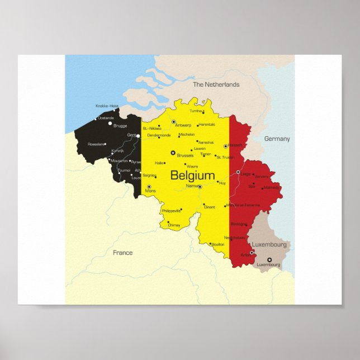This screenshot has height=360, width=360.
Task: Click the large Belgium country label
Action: pos(192,176)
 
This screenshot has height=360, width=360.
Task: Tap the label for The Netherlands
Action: pos(216,84)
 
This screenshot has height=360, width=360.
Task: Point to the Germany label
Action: pos(277,139)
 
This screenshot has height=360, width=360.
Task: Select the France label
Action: pos(122,253)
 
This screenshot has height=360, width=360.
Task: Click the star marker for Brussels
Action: pos(173,153)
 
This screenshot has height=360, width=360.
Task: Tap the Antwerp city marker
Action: pos(174,122)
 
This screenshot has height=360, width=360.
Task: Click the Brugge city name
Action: pos(120,126)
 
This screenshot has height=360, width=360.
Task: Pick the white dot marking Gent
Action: pos(138,135)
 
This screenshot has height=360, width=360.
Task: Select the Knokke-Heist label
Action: pos(107,106)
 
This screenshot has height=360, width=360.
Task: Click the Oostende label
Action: pos(106,118)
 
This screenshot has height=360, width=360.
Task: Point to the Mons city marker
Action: pos(149,187)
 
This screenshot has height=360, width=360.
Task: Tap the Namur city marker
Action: pos(200,186)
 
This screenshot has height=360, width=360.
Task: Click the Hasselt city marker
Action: pos(225,146)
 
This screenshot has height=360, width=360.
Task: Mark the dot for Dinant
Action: pos(204,205)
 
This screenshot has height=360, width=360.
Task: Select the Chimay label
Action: pos(174,225)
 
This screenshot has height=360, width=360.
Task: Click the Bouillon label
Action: pos(219,244)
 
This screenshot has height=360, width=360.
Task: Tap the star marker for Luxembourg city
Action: pos(269,259)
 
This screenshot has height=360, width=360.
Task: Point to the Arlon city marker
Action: pos(252,253)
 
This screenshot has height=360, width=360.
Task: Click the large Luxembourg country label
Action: pos(269,245)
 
